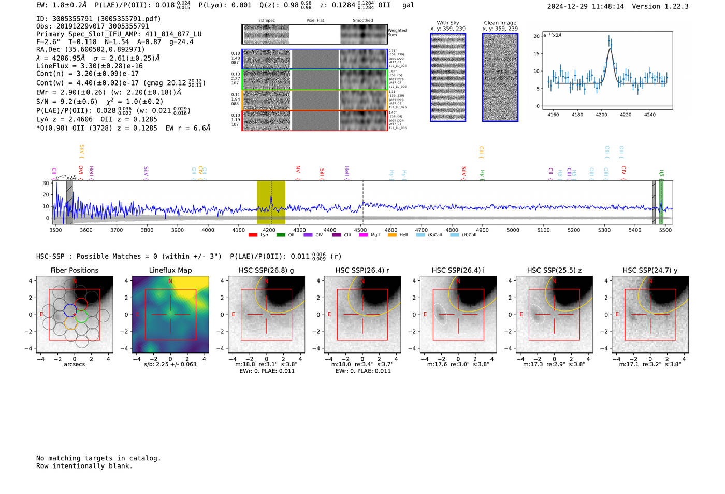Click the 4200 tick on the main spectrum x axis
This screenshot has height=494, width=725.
[x=269, y=230]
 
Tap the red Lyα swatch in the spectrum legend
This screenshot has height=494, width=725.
[x=253, y=235]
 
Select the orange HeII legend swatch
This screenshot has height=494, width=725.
[x=392, y=235]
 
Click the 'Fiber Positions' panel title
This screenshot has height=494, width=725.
[x=74, y=270]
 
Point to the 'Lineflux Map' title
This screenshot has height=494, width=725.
[x=170, y=270]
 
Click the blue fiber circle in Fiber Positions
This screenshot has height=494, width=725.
[x=70, y=310]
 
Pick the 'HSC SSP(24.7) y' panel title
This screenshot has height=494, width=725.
[x=650, y=270]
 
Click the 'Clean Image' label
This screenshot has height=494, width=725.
[x=500, y=23]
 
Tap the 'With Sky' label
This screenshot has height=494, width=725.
[x=447, y=23]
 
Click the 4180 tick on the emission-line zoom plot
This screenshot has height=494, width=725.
[x=577, y=115]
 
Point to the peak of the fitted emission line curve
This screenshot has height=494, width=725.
[x=610, y=49]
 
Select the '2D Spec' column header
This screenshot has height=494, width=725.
[x=267, y=20]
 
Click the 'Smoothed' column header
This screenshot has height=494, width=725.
[x=363, y=20]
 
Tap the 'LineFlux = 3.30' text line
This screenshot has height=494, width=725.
[x=90, y=66]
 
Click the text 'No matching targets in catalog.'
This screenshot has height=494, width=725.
[x=98, y=458]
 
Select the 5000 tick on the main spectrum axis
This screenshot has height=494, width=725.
[x=513, y=230]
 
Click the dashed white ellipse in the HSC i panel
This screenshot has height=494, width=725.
[x=441, y=314]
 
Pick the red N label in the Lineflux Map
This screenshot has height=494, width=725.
[x=170, y=281]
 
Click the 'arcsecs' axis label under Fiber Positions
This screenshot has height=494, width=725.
[x=74, y=364]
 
